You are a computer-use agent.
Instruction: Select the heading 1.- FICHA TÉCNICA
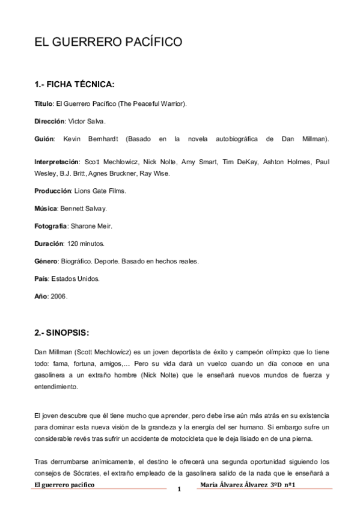point(75,84)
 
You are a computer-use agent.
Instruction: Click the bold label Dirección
point(49,121)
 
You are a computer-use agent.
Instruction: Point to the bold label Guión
point(44,139)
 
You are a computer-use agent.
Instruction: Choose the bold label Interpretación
point(57,162)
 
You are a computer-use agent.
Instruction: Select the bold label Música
point(45,209)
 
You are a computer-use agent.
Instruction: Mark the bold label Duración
point(49,244)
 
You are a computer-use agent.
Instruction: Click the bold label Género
point(46,262)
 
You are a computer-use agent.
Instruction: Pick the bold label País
point(41,279)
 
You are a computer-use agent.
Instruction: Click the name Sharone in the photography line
point(82,226)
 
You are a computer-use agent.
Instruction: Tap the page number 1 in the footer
point(179,490)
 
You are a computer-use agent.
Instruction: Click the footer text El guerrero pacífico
point(65,484)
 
